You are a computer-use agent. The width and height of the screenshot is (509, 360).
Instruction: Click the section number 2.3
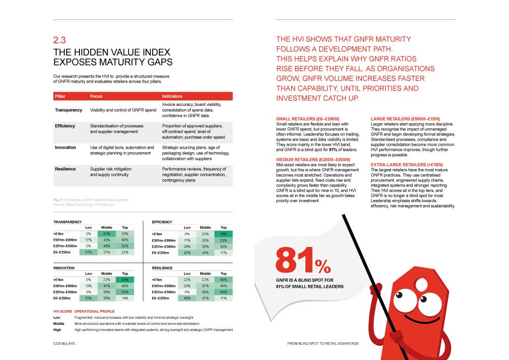tap(60, 40)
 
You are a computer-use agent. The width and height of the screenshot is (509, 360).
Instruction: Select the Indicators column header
tap(172, 96)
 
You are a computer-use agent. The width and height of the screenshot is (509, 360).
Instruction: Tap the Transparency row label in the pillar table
tap(69, 110)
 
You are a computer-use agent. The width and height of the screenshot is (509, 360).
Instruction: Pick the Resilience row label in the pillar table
tap(65, 169)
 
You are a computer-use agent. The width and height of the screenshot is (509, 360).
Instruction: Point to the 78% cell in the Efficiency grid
tap(223, 233)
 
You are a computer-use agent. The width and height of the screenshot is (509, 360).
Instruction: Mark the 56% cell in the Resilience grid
tap(223, 280)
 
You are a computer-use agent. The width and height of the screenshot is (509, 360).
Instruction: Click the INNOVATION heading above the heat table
tap(64, 268)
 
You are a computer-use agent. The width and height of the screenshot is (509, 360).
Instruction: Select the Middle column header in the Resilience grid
tap(205, 273)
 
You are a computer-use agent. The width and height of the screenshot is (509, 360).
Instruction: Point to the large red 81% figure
tap(303, 260)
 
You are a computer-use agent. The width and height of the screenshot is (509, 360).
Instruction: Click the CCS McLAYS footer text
tap(63, 344)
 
